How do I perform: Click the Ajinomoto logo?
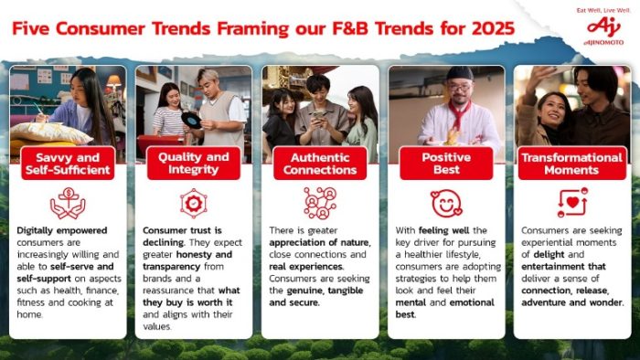pos(603,30)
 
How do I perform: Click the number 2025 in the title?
pos(493,28)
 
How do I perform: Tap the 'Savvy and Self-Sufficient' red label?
pos(68,164)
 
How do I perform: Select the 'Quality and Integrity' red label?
pos(194,163)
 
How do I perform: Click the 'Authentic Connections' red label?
pos(320,164)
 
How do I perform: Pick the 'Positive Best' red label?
pos(446,163)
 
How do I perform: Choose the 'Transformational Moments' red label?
pos(571,164)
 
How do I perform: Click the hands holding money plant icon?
pos(68,203)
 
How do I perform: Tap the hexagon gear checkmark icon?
pos(194,203)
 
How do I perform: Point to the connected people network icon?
pos(320,203)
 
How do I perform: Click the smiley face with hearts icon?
pos(446,204)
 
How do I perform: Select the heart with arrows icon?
pos(572,203)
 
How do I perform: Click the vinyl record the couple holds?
pos(191,120)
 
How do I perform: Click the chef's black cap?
pos(460,74)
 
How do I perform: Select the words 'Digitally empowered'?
pos(62,231)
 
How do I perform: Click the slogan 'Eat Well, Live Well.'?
pos(603,11)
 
